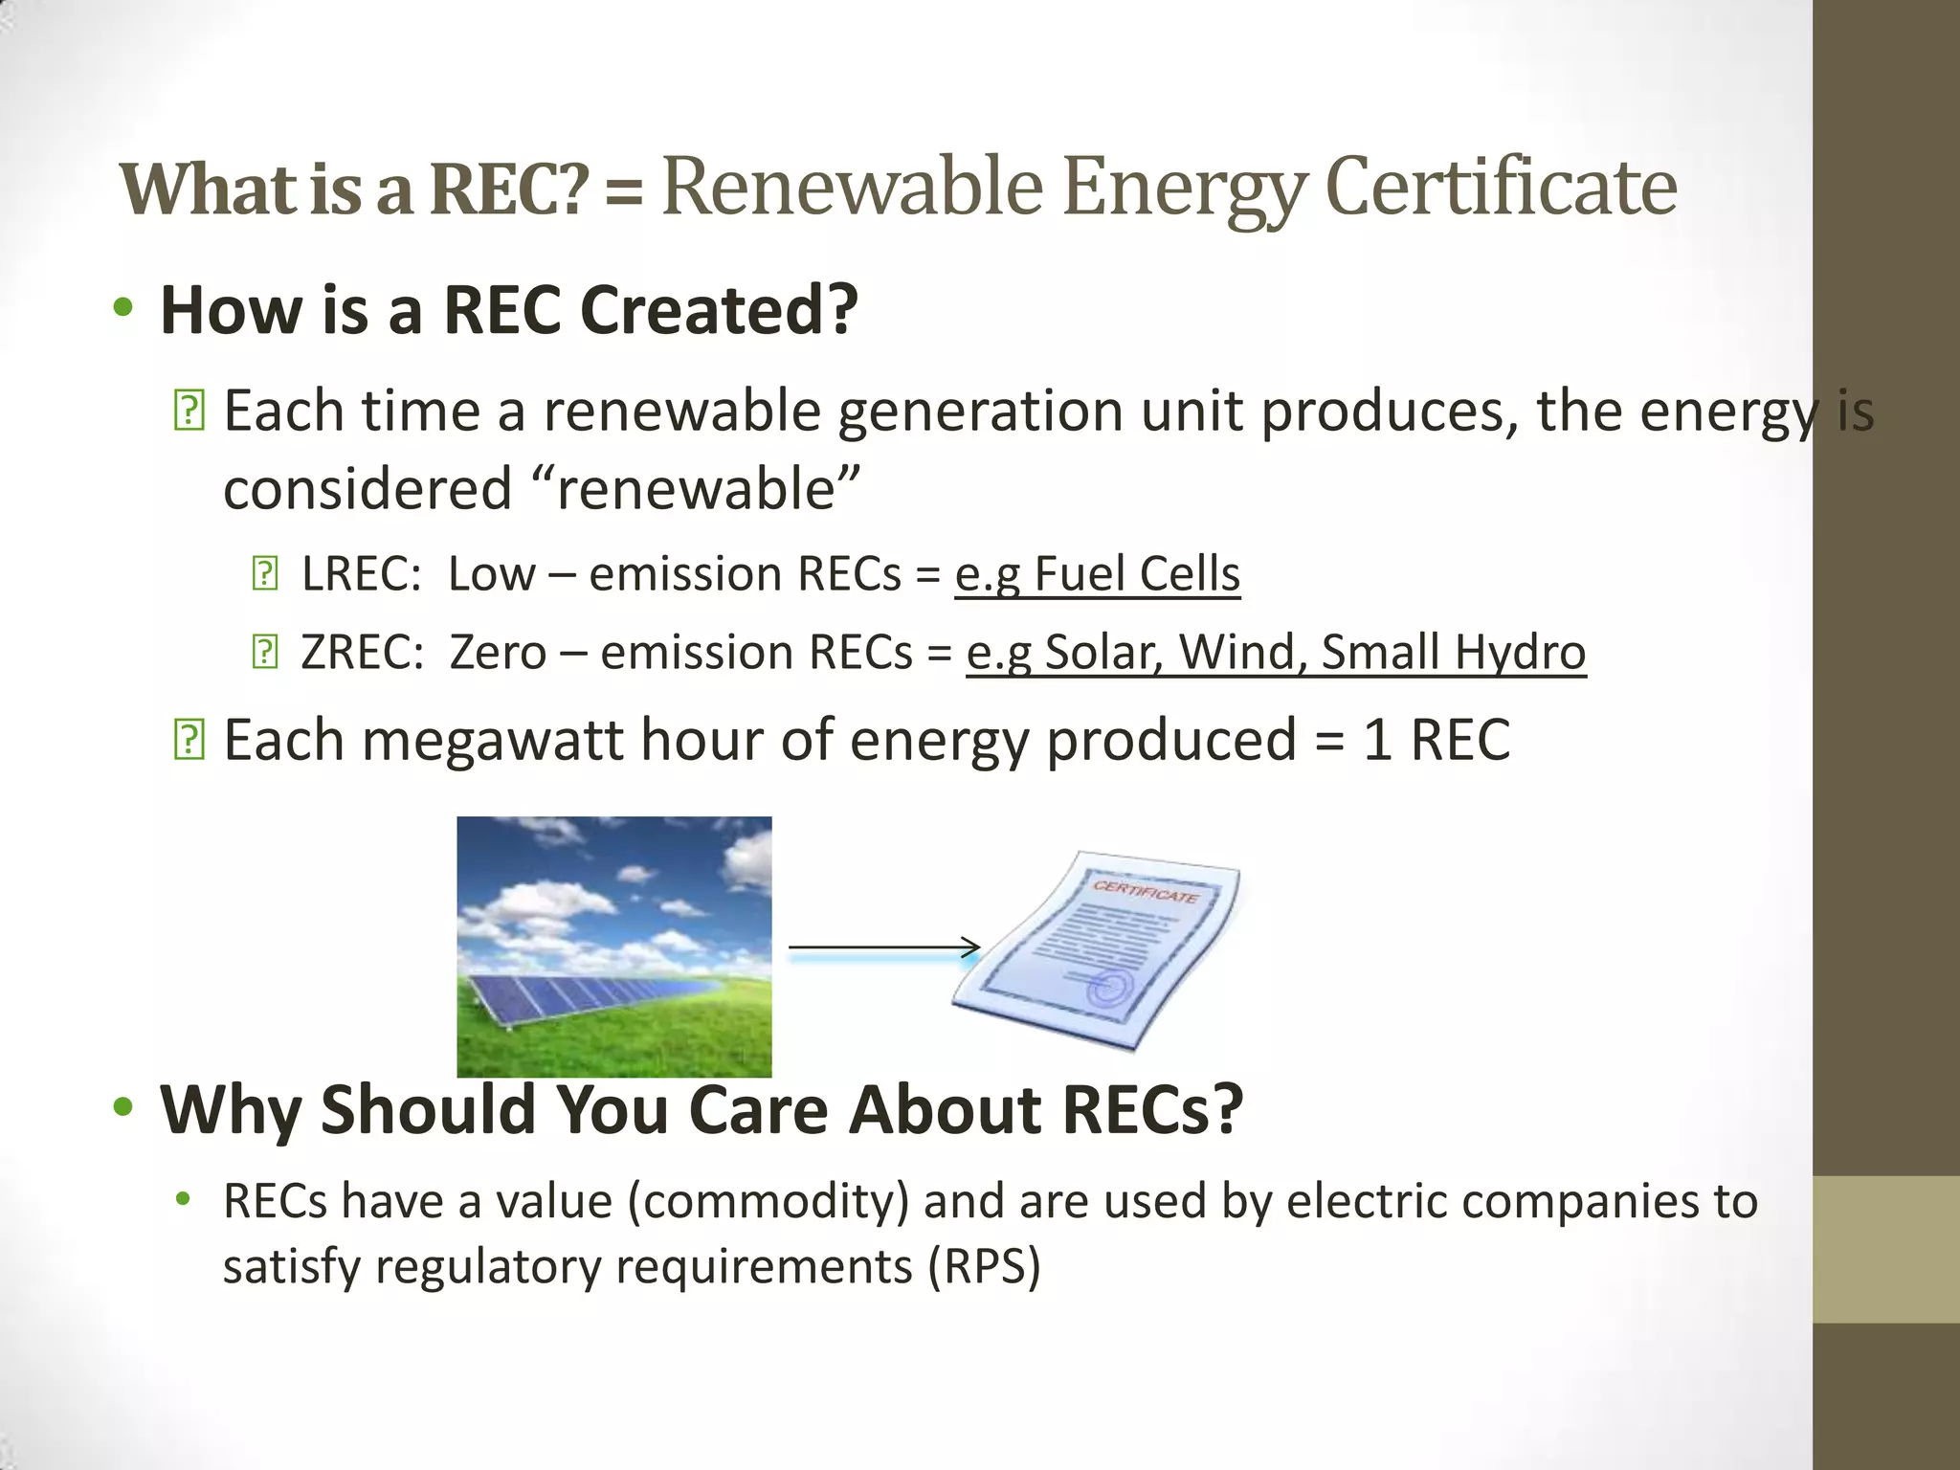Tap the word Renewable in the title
click(x=852, y=187)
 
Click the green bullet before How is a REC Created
click(x=122, y=308)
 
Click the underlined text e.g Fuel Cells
click(x=1097, y=575)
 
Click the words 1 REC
click(x=1436, y=740)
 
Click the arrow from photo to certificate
click(x=882, y=947)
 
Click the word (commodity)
click(x=768, y=1201)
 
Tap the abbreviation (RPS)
click(x=983, y=1266)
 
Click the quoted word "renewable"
click(x=696, y=489)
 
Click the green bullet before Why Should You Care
click(x=122, y=1107)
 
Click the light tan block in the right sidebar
click(x=1885, y=1249)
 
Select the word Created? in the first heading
click(x=719, y=310)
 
